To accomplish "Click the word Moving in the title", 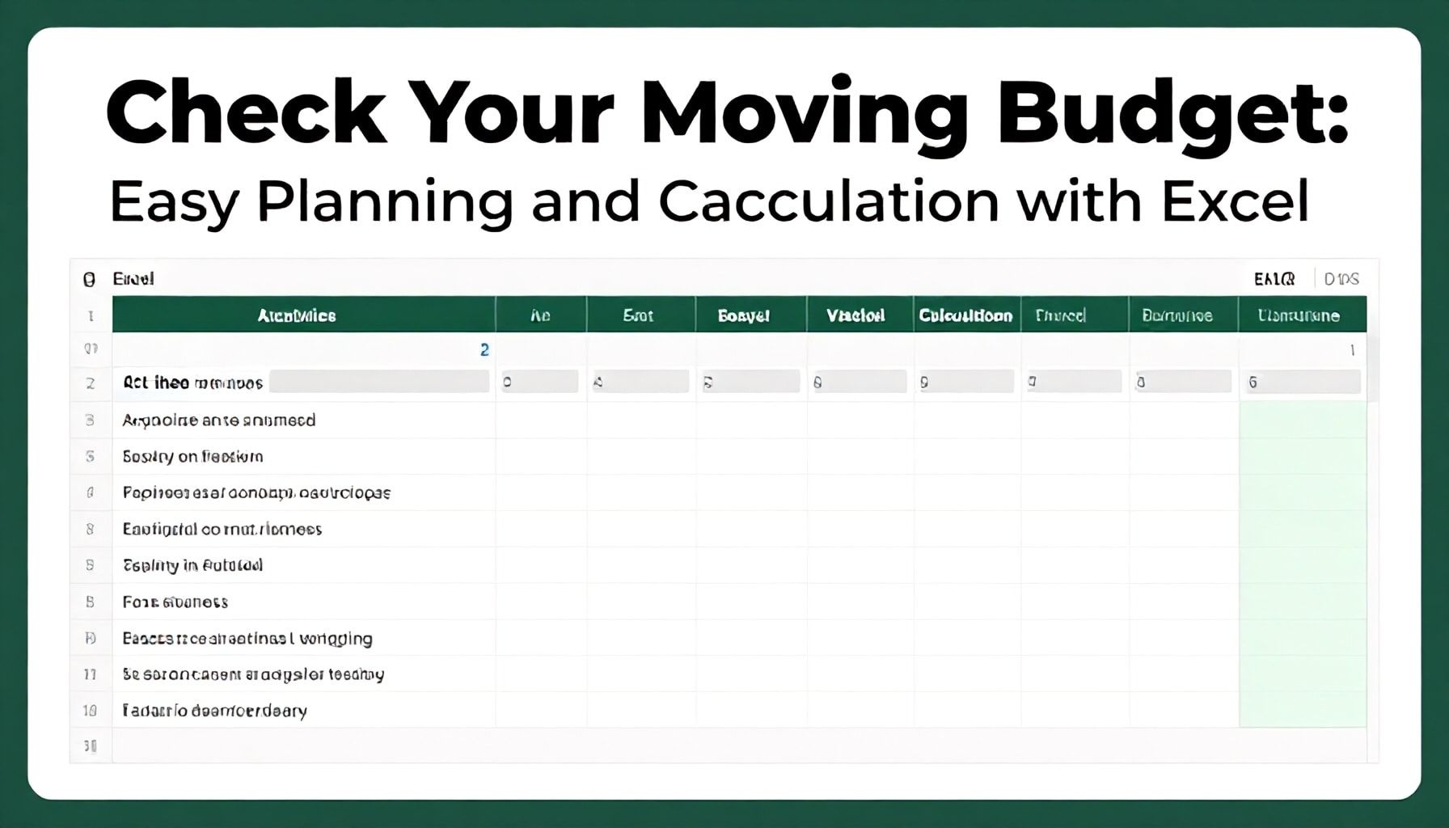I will pos(804,113).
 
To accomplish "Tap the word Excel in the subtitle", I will pos(1235,201).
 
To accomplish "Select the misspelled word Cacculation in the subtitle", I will pos(828,201).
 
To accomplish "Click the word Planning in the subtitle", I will pos(385,201).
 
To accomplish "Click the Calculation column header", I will pos(965,315).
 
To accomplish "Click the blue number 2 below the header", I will pos(484,350).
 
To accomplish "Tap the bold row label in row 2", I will pos(192,382).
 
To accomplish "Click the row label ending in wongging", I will pos(247,638).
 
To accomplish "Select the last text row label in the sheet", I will pos(215,711).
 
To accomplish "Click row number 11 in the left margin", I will pos(90,674).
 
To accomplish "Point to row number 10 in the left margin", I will pos(90,711).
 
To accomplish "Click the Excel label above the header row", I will pos(133,279).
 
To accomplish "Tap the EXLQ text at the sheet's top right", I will pos(1274,279).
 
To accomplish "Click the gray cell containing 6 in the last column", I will pos(1300,382).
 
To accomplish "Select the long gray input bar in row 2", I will pos(379,382).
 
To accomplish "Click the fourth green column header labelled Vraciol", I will pos(855,315).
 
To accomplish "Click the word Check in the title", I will pos(247,113).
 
